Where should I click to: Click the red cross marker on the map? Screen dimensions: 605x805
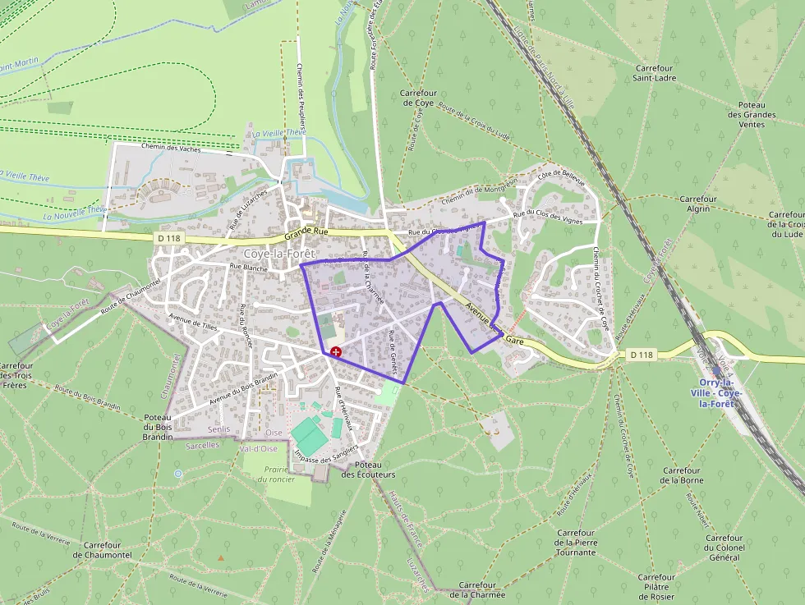(x=336, y=351)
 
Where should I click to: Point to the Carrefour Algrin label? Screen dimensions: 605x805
(x=698, y=204)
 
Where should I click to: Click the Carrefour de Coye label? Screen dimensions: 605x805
(x=417, y=99)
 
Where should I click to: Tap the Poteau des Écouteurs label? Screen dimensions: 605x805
(x=368, y=470)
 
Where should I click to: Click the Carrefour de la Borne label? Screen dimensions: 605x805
(x=683, y=474)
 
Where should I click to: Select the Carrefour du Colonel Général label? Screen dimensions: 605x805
(x=724, y=548)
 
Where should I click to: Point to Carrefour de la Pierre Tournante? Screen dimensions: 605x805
(x=575, y=543)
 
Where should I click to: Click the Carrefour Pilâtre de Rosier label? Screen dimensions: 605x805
(x=656, y=586)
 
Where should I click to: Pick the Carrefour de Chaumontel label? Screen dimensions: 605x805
(x=103, y=550)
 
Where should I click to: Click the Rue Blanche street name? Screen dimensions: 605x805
(x=248, y=267)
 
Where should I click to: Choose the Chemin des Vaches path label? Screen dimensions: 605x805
(x=170, y=148)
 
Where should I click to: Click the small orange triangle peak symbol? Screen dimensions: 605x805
(x=220, y=558)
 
